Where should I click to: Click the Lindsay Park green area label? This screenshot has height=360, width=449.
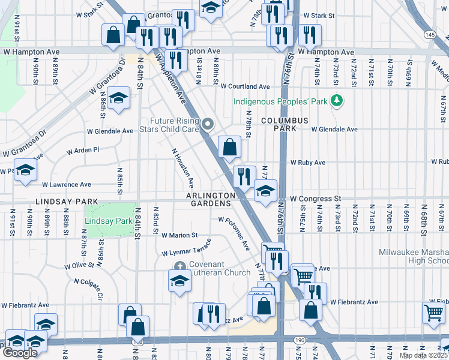pos(108,221)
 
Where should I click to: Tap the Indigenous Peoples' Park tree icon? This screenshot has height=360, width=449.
pos(337,101)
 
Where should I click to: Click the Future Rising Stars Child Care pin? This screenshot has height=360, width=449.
pos(208,124)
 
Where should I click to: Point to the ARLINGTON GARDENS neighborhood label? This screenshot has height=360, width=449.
pos(210,200)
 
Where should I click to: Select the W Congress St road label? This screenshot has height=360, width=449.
pos(315,198)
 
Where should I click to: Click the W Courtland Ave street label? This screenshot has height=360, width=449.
pos(244,87)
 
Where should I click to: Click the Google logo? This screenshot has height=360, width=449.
pos(19,353)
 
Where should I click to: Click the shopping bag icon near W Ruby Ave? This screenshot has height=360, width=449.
pos(229,146)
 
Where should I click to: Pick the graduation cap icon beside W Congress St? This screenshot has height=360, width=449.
pos(265,191)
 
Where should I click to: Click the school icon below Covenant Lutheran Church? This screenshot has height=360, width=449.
pos(178,280)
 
